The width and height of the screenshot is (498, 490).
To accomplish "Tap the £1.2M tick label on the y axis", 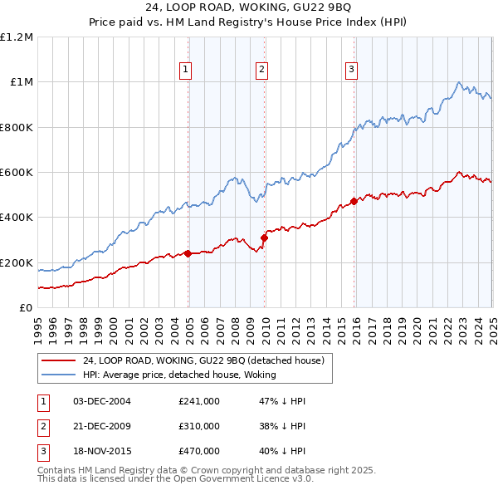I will coord(17,37).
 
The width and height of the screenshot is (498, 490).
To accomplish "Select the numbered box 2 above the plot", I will coord(261,70).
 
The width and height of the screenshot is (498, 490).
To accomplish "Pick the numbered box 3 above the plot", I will coord(351,70).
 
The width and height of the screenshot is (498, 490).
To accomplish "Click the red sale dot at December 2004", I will coord(188,253).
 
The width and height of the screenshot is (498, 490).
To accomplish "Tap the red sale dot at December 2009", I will coord(265,238).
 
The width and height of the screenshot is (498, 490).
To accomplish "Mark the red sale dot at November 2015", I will coord(354,201).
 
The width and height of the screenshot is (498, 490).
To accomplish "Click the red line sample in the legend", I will coord(58,360).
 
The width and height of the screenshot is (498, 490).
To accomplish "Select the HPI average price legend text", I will coord(178,375).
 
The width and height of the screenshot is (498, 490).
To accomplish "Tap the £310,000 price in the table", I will coord(199,426).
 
